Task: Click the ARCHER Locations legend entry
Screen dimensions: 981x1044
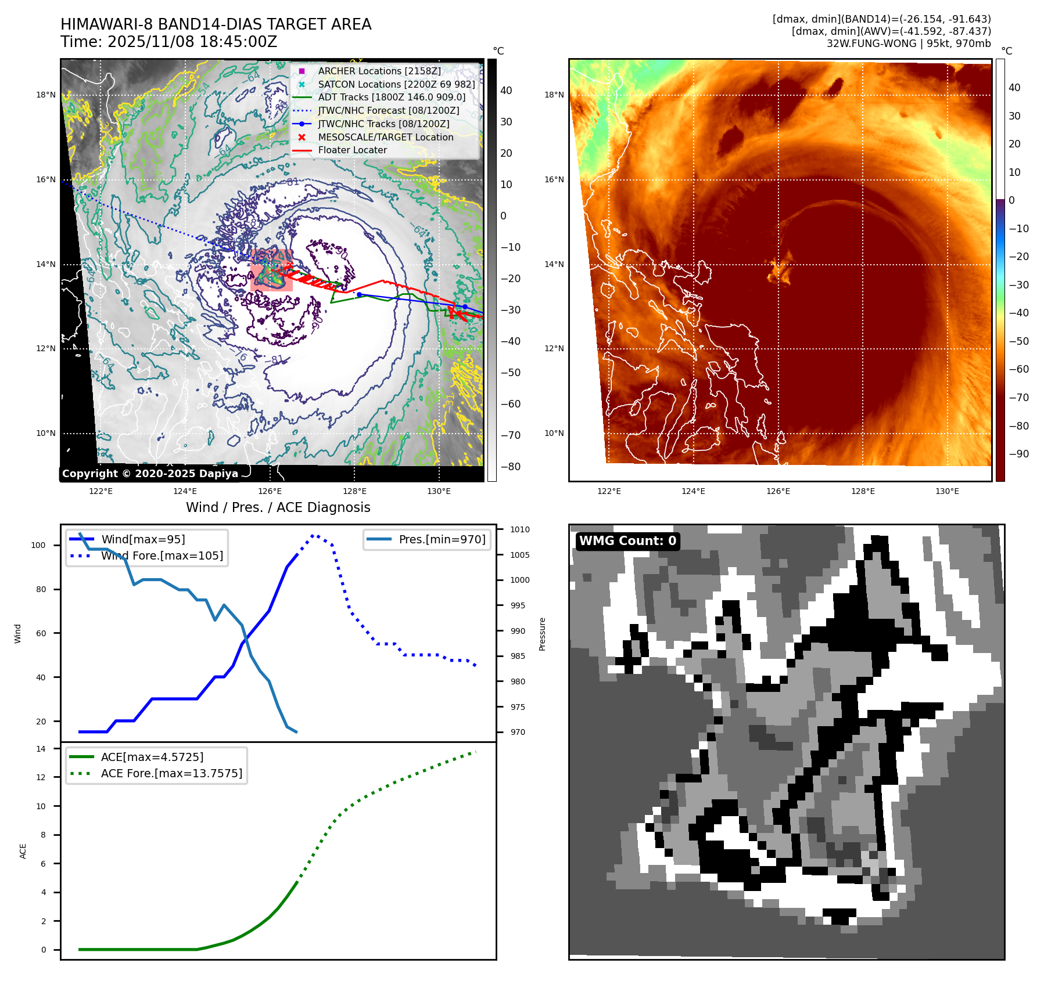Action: (379, 71)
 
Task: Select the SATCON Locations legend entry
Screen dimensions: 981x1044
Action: (396, 84)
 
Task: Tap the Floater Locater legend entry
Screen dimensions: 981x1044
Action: (352, 150)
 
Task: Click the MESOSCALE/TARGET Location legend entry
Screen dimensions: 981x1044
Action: (385, 137)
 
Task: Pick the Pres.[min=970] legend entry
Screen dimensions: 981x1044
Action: (442, 539)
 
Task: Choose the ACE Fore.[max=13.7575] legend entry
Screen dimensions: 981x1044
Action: (171, 773)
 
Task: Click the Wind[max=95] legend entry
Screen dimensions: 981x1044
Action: (143, 539)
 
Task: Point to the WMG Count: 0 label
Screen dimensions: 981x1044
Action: (627, 541)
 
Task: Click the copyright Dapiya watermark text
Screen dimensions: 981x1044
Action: (150, 474)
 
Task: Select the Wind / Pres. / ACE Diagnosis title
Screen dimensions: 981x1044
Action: (278, 507)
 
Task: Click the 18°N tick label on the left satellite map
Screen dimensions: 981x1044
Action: (46, 95)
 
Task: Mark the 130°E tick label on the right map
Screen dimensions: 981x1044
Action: (947, 491)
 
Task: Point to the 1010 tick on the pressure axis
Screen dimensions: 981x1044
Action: (519, 529)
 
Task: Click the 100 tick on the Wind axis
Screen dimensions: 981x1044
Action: (38, 545)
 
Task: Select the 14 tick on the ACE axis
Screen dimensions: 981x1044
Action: (41, 749)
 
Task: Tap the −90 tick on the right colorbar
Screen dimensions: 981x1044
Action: (1018, 454)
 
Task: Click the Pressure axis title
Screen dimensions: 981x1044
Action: (542, 634)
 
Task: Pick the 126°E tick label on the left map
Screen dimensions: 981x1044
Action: (270, 491)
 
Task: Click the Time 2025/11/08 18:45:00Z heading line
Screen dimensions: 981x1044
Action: (168, 42)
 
